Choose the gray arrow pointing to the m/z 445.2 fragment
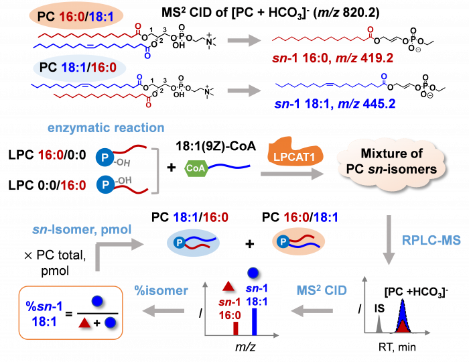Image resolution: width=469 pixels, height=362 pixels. point(243,86)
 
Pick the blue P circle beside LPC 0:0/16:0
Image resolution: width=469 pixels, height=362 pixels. point(104,183)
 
